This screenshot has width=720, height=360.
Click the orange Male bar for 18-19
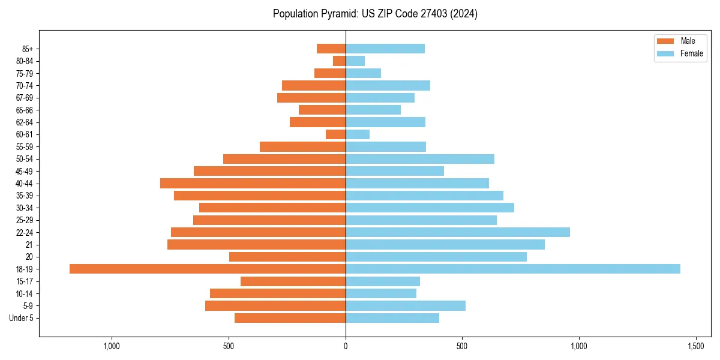tap(208, 269)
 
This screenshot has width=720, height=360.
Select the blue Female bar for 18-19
tap(513, 269)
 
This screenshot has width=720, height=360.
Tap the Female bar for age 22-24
tap(458, 232)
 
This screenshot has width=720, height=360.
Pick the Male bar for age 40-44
tap(253, 183)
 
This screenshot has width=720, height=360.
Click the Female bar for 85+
tap(385, 49)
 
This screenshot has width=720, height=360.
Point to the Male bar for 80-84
tap(339, 61)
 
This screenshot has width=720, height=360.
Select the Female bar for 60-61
tap(358, 134)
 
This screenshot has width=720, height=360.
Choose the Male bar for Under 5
tap(290, 318)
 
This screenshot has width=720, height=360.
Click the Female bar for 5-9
tap(406, 305)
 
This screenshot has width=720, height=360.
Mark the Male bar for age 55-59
tap(302, 146)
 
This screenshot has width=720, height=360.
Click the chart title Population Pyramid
tap(375, 14)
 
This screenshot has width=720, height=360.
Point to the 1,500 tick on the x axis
tap(695, 346)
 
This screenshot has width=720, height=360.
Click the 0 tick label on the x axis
tap(346, 346)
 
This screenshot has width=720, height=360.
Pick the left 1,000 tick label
tap(112, 346)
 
